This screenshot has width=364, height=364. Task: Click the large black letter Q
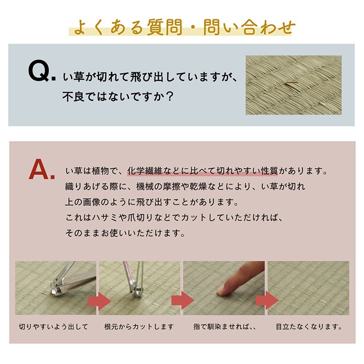tap(37, 72)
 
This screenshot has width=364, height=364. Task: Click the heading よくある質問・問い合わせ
tap(181, 27)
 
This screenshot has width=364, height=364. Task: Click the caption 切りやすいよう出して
tap(53, 327)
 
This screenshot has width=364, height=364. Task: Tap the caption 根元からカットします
tap(139, 327)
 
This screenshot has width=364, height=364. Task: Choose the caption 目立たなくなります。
tap(308, 327)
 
